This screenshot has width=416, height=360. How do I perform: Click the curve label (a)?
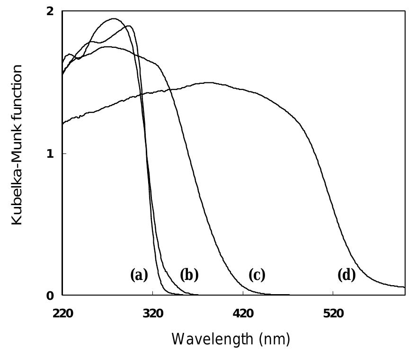[139, 275]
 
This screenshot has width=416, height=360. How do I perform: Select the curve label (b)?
[189, 275]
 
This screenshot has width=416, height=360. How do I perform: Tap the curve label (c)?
[257, 275]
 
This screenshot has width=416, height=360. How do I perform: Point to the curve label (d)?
[346, 275]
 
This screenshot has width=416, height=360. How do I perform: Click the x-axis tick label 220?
[62, 313]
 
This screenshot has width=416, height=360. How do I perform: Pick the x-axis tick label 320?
[152, 313]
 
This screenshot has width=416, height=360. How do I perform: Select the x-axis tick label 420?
[243, 313]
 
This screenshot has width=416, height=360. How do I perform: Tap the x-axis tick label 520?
[333, 313]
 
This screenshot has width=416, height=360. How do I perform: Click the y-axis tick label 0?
[51, 295]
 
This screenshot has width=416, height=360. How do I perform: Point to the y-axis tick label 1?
[51, 153]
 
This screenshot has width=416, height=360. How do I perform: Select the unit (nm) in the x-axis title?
[274, 339]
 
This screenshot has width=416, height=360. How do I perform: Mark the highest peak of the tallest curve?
[114, 19]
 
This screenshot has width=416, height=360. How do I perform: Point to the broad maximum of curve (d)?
[208, 83]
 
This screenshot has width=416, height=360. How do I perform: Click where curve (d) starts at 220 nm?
[63, 123]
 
